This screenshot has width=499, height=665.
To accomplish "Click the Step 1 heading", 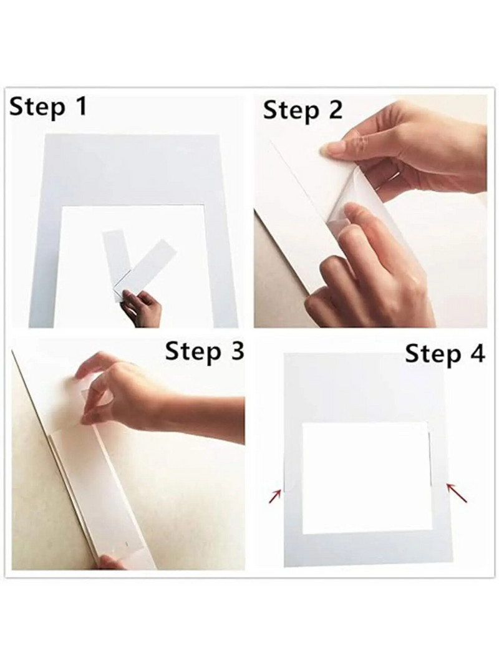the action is tap(48, 107).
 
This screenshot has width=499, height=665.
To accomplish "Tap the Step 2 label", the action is tap(303, 110).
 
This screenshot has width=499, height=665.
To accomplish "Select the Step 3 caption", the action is tap(205, 352).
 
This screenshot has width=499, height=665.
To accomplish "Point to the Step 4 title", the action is tap(445, 354).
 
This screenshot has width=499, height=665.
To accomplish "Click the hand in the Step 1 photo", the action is tap(142, 308).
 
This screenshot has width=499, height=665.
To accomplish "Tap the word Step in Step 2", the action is tap(291, 112).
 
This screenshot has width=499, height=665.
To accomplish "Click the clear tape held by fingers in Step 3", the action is tap(90, 405).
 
